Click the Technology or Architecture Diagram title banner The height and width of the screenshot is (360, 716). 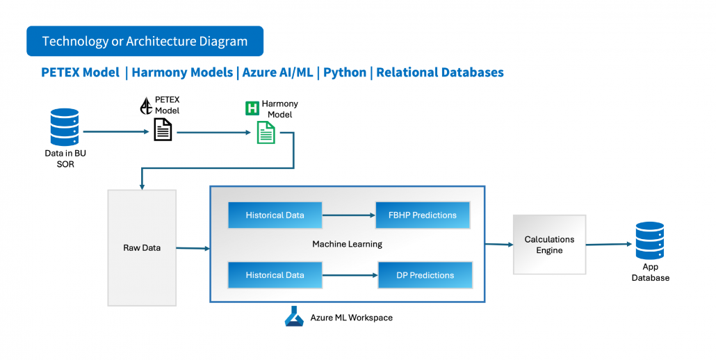click(x=145, y=41)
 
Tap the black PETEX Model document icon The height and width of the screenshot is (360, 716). click(x=163, y=130)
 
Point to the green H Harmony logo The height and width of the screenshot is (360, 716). click(x=252, y=108)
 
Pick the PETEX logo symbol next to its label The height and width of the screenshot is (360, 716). click(x=146, y=106)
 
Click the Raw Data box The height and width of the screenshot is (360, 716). click(x=142, y=247)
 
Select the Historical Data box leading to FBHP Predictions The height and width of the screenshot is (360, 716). click(x=275, y=215)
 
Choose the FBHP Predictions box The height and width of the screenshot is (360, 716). click(x=423, y=215)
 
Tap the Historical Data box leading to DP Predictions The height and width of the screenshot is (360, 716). click(x=275, y=275)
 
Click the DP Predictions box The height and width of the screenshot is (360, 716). click(x=425, y=275)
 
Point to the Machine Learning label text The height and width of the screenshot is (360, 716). click(x=347, y=244)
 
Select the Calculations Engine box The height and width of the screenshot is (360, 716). click(x=549, y=245)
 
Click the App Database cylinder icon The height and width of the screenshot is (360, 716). click(x=650, y=240)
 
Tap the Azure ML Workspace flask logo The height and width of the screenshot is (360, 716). click(x=295, y=318)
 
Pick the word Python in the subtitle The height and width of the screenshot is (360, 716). click(x=345, y=72)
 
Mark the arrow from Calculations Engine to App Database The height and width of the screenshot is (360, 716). click(x=609, y=245)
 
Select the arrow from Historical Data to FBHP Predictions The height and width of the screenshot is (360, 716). click(x=349, y=215)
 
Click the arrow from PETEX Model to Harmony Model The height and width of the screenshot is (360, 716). click(x=212, y=131)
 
